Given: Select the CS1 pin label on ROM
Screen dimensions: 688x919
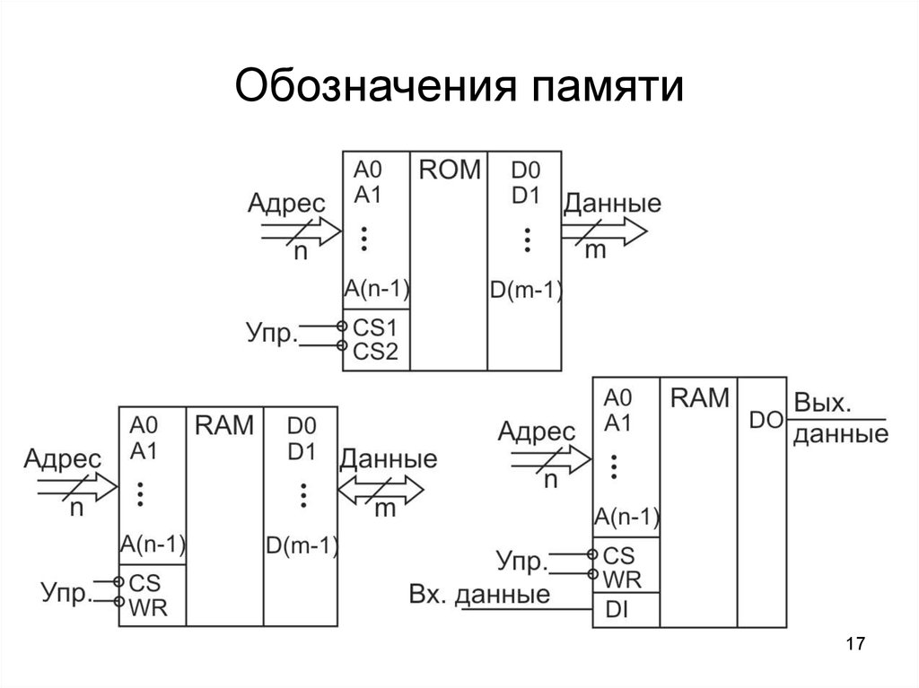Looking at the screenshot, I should coord(374,327).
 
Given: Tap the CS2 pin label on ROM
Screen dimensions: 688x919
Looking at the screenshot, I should coord(374,351).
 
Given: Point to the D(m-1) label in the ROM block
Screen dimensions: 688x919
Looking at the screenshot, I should coord(525,289).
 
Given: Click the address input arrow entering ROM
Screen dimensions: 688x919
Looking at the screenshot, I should coord(300,232).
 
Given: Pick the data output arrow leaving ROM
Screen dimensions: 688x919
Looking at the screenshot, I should coord(602,232).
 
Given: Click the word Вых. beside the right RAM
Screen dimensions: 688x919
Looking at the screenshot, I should coord(823,404).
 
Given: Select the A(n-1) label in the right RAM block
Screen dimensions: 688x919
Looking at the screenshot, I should coord(626,517).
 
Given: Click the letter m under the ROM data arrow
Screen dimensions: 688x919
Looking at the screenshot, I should coord(596,251).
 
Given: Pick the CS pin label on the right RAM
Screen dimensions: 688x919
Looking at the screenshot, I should coord(619,556).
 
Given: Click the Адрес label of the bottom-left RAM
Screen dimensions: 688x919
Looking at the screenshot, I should coord(63,459).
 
